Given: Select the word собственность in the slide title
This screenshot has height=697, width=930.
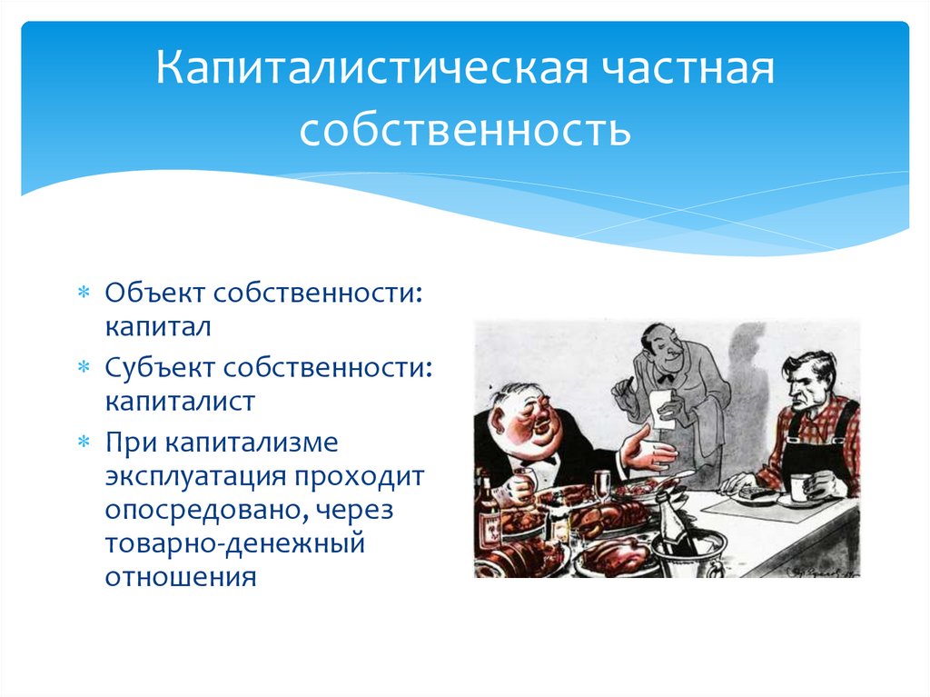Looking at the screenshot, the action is pyautogui.click(x=465, y=130).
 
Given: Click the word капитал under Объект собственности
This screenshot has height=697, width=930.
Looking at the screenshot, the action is pyautogui.click(x=158, y=326).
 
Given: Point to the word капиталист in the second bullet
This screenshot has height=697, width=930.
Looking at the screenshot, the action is pyautogui.click(x=180, y=402).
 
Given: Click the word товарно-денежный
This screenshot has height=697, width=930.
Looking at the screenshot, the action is pyautogui.click(x=235, y=543).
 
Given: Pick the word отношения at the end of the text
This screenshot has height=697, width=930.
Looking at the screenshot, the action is pyautogui.click(x=181, y=577).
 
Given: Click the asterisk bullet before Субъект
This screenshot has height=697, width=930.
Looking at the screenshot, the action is pyautogui.click(x=84, y=367).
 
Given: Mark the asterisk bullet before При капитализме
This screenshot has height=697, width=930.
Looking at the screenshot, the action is pyautogui.click(x=84, y=442).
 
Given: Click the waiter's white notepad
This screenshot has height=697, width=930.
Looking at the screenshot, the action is pyautogui.click(x=662, y=409).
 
